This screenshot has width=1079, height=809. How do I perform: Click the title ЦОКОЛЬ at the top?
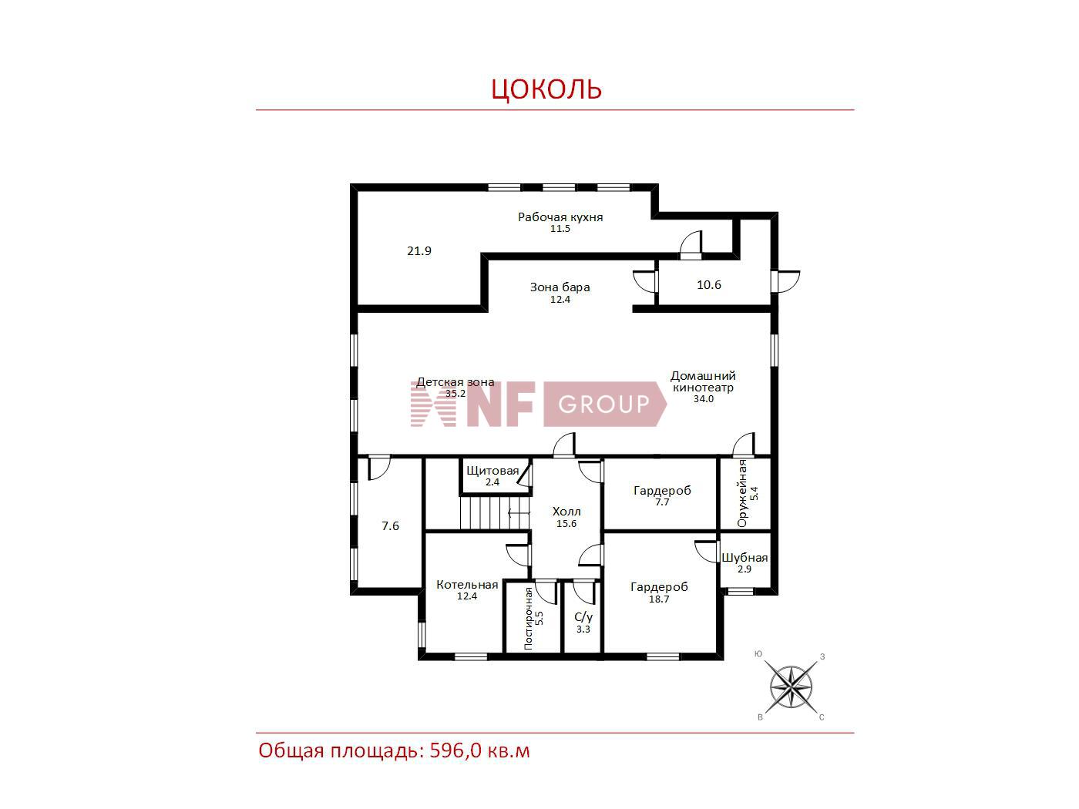546,89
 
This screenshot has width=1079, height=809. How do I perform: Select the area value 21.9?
418,251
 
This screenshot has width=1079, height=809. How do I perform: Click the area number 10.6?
709,285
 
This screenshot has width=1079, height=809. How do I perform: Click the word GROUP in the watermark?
603,404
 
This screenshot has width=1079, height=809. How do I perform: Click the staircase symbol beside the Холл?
495,513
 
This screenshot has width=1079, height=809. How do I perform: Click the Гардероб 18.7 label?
659,592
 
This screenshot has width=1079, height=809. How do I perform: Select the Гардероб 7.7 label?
661,496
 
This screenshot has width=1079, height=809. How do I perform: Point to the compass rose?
791,686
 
